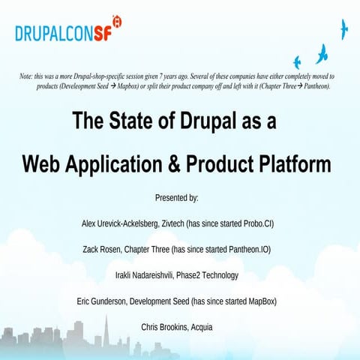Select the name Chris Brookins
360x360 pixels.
point(163,327)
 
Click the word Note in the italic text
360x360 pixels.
point(27,76)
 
